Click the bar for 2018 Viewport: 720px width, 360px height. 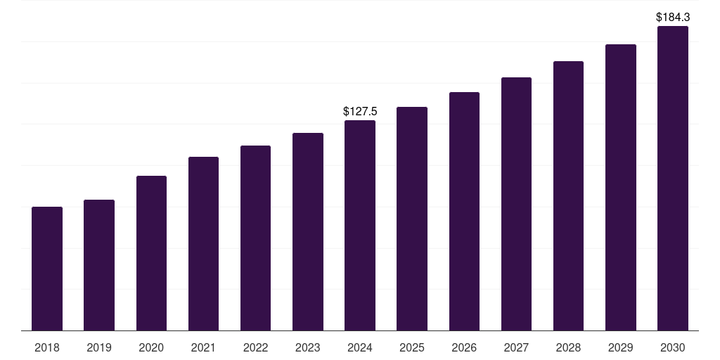coord(47,269)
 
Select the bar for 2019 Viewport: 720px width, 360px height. coord(99,265)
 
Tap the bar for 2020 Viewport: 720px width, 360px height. coord(151,253)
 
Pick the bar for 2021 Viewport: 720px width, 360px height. coord(203,243)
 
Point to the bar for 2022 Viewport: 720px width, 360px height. coord(255,238)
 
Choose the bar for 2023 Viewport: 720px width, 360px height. coord(308,231)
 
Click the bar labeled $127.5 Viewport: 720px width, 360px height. coord(360,225)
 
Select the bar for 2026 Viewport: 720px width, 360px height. coord(464,211)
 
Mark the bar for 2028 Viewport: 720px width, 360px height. coord(568,195)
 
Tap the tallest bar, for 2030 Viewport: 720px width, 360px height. coord(672,178)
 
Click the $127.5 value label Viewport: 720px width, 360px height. coord(360,111)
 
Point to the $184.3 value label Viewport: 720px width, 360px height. coord(672,16)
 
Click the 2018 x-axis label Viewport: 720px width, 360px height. coord(47,347)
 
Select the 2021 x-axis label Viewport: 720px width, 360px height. coord(203,347)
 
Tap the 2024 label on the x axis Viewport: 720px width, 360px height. coord(360,347)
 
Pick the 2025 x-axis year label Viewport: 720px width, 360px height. coord(412,347)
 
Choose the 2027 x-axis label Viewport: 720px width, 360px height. coord(516,347)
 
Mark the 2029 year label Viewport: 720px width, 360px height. coord(620,347)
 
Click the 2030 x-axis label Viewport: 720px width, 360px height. coord(672,347)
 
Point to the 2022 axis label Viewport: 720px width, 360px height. coord(255,347)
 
